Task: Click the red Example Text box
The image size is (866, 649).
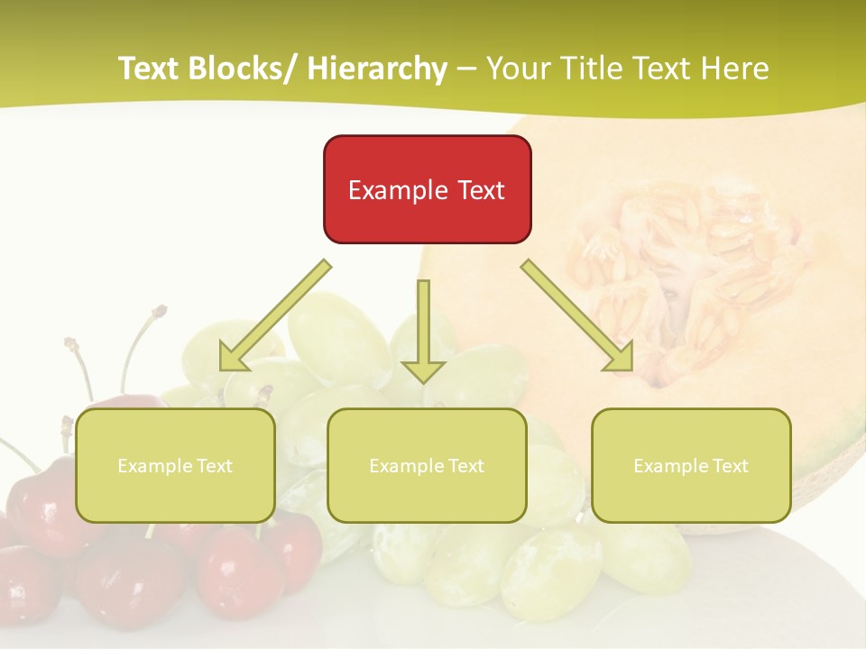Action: tap(427, 189)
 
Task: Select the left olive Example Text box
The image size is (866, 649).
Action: tap(175, 466)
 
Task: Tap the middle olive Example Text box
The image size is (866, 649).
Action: tap(427, 466)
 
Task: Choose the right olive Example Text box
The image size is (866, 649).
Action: tap(691, 466)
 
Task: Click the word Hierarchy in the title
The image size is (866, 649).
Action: tap(377, 69)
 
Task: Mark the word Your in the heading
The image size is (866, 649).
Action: tap(516, 69)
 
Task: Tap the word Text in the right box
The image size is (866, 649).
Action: tap(729, 466)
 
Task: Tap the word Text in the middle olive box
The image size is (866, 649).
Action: tap(465, 466)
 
